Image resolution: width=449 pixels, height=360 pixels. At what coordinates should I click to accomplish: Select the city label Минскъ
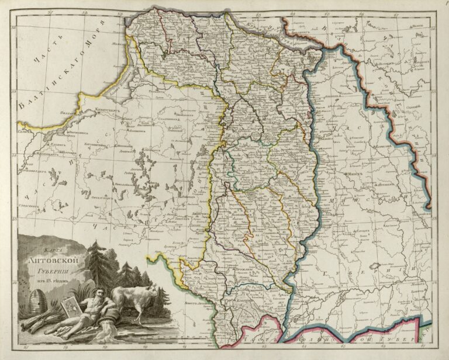click(355, 174)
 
